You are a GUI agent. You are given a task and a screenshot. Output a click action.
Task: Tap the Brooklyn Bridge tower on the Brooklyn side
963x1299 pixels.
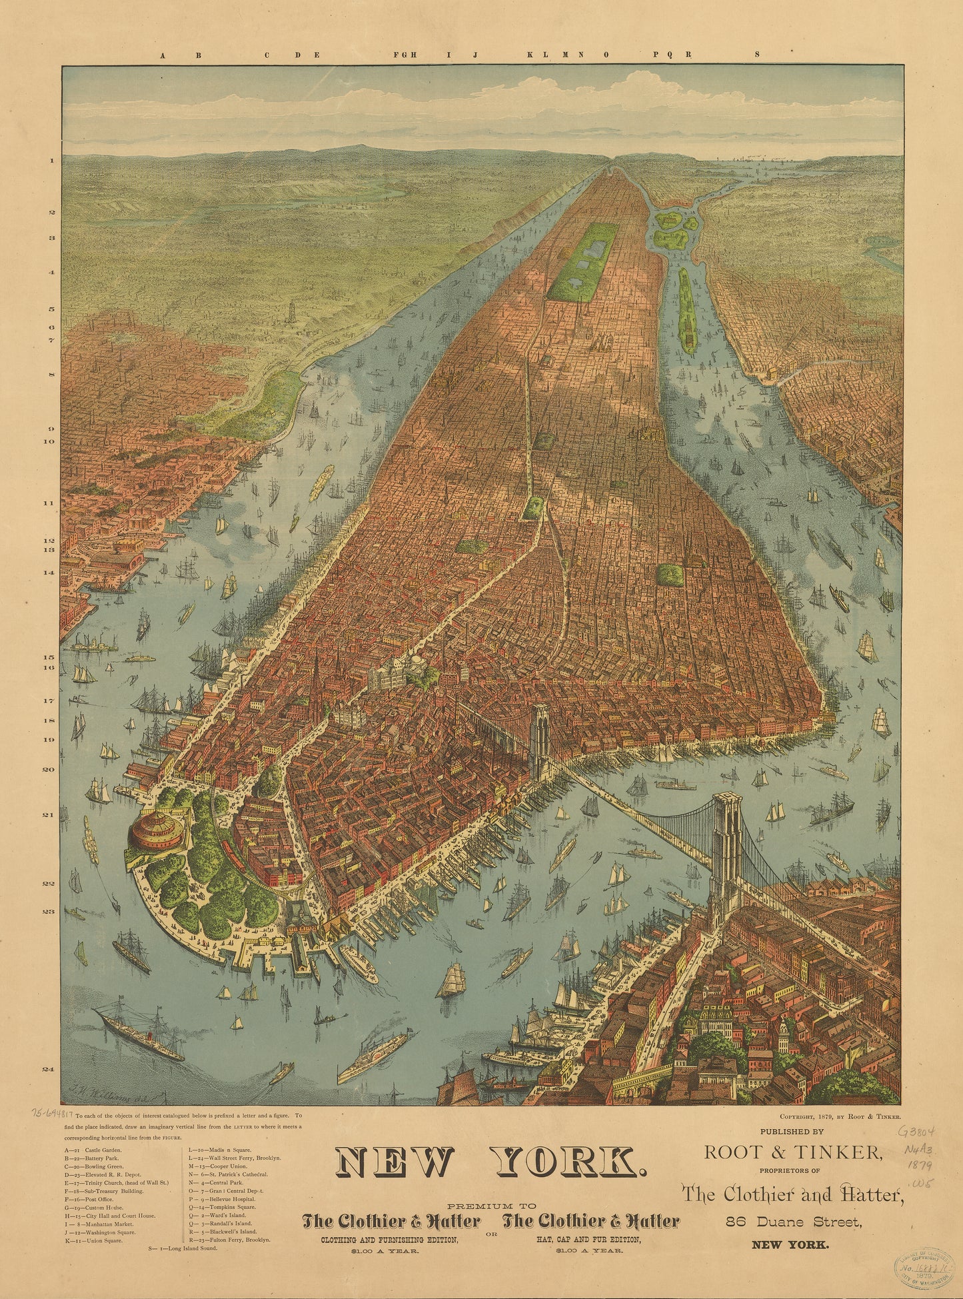click(x=726, y=846)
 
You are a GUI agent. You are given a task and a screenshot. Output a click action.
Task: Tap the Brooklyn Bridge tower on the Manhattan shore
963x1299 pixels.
click(x=539, y=740)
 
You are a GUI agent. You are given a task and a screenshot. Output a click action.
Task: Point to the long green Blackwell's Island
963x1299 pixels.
click(x=688, y=312)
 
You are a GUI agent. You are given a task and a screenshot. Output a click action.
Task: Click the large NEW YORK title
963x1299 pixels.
click(x=490, y=1162)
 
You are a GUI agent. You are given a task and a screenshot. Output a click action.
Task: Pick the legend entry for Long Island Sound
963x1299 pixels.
click(x=183, y=1248)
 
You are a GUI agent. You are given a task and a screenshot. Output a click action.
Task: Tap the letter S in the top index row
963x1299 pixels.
click(x=757, y=55)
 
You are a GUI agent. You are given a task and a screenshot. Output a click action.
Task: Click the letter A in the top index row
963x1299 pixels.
click(x=162, y=55)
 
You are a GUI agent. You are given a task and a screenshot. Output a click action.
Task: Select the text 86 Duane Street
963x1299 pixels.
click(x=794, y=1222)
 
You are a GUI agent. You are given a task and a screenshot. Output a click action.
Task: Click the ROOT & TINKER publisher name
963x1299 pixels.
click(x=794, y=1151)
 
